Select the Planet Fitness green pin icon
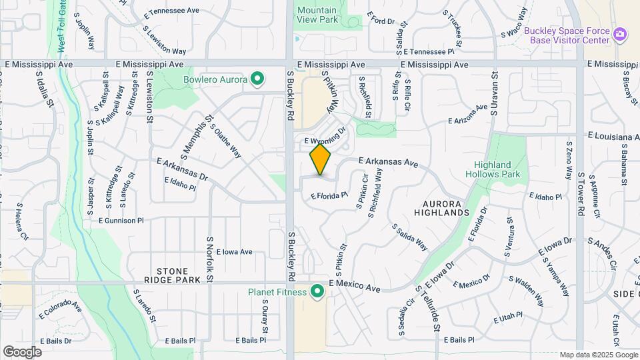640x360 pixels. click(317, 291)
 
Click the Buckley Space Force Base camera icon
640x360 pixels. click(620, 34)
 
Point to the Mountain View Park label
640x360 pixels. click(317, 15)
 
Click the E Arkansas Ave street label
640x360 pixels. click(388, 162)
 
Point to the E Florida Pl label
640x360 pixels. click(329, 195)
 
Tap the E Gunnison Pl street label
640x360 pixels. click(121, 220)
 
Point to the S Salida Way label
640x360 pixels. click(409, 236)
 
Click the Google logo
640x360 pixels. click(23, 351)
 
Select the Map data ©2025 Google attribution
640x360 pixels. click(598, 355)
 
